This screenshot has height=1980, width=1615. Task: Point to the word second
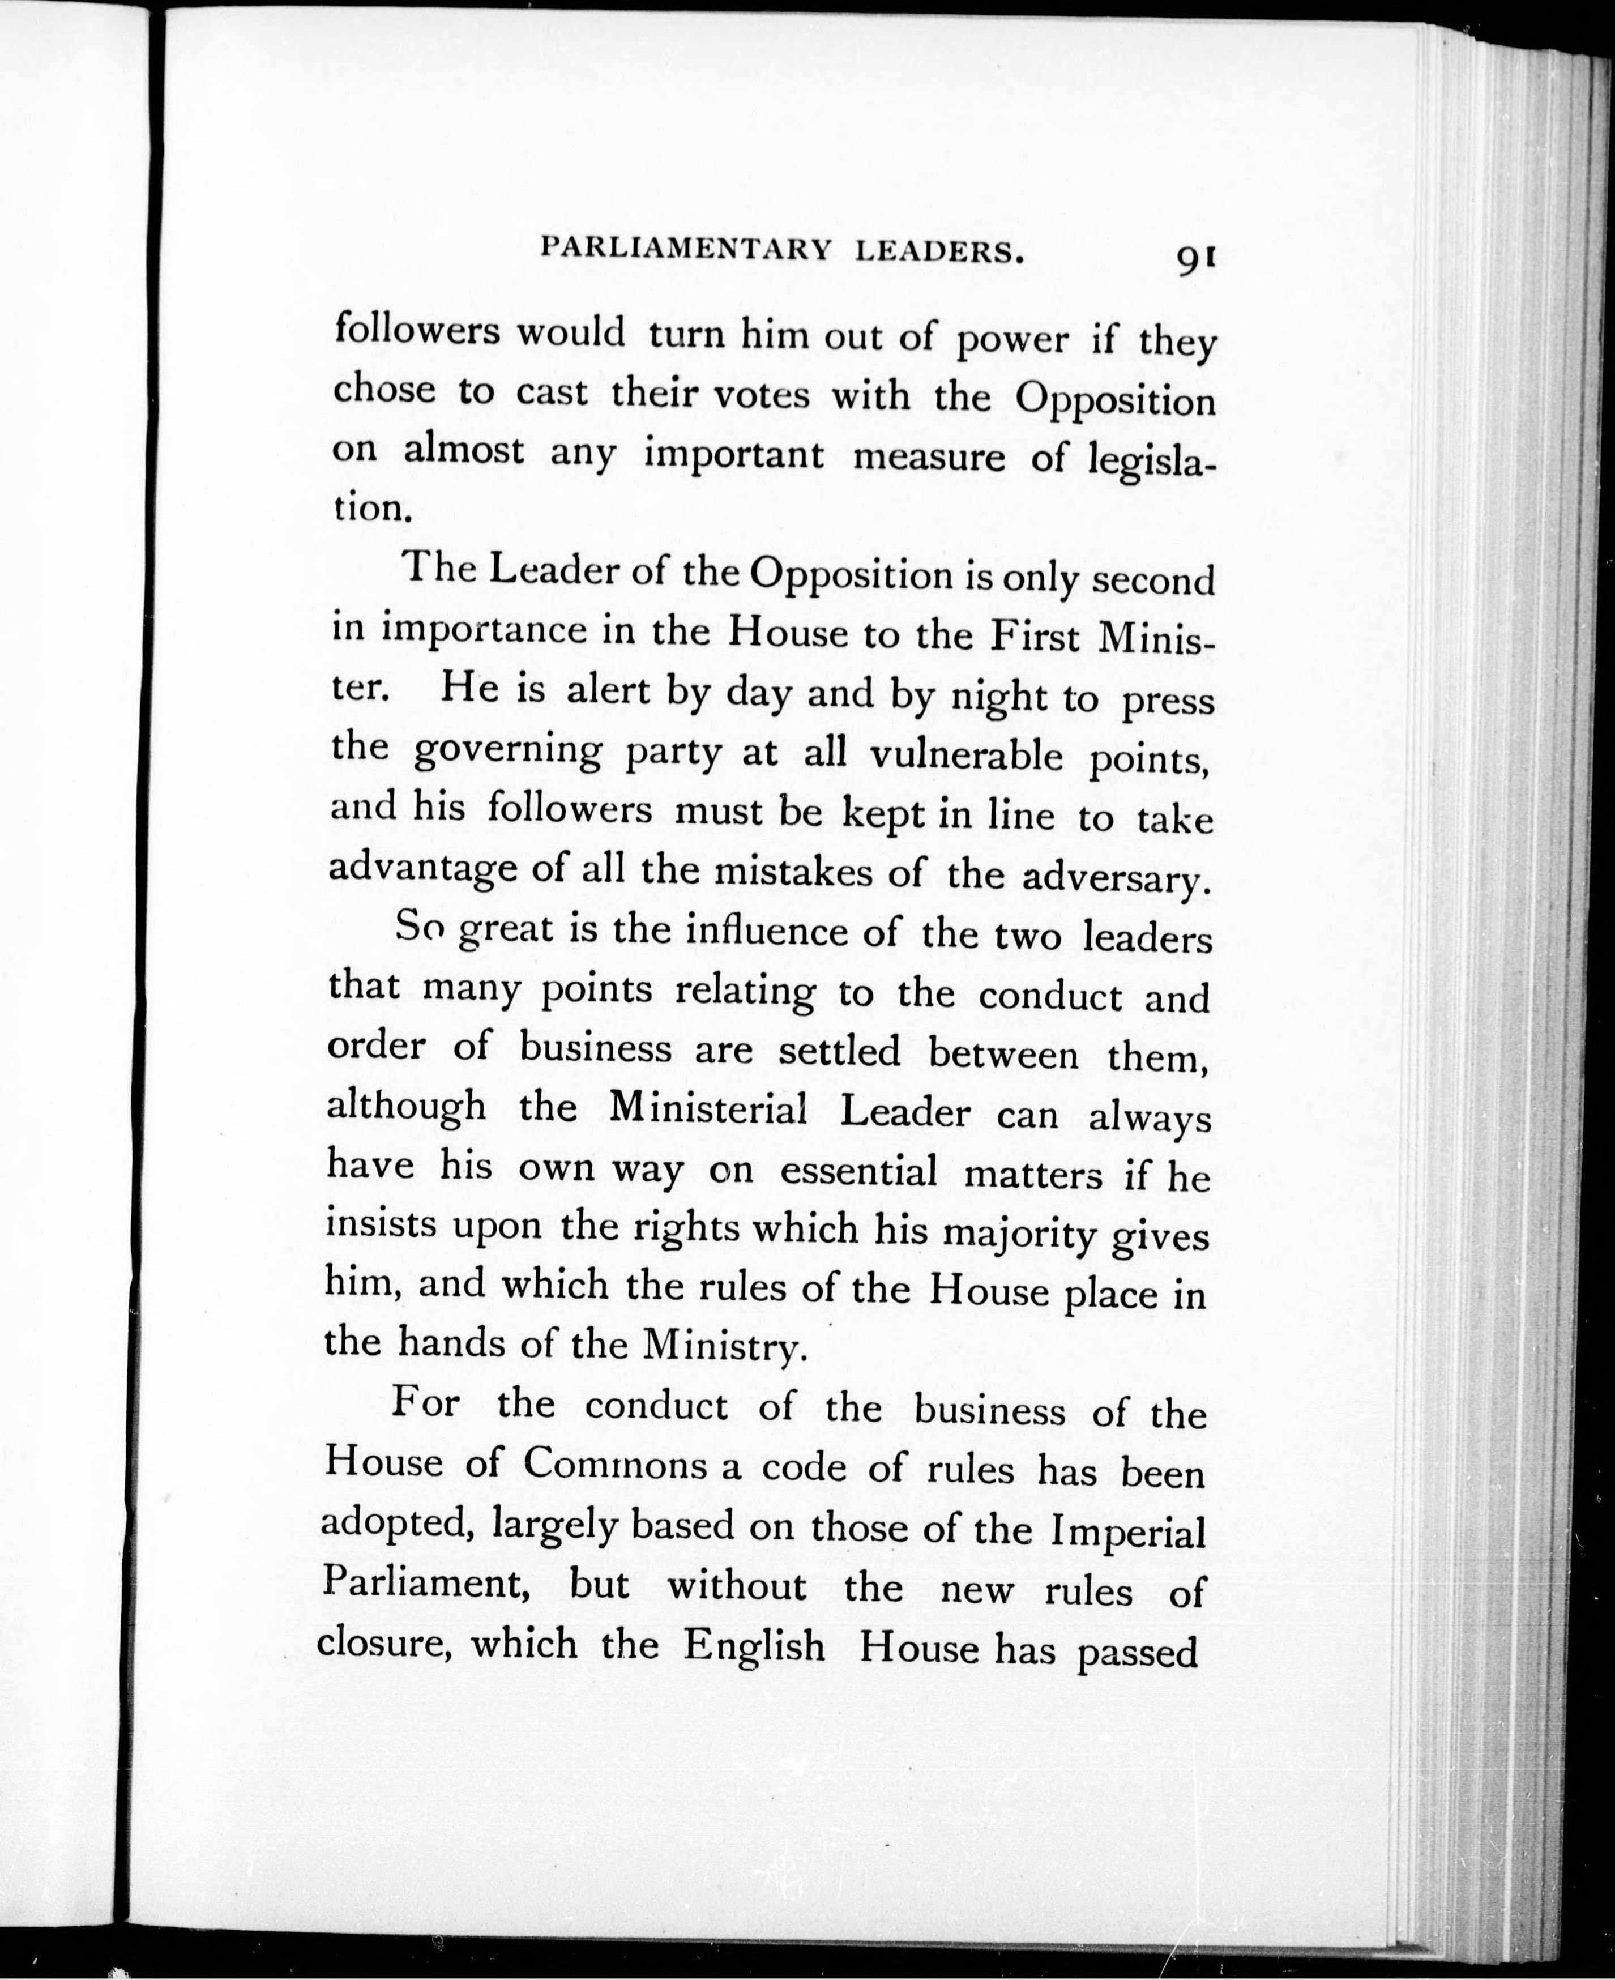pos(1153,581)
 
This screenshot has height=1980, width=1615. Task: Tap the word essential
pos(858,1171)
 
